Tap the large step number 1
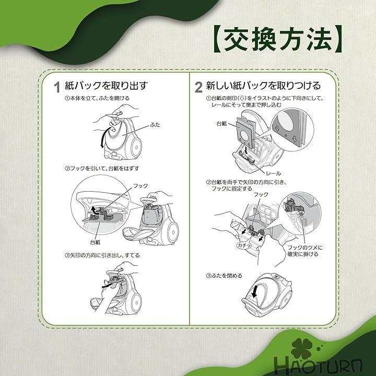(x=57, y=87)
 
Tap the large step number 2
(x=198, y=87)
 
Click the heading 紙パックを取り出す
(x=107, y=86)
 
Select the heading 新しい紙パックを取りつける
(x=263, y=86)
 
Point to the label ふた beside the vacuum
(x=155, y=125)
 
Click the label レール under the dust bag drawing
(x=273, y=173)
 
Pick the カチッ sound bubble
(x=244, y=245)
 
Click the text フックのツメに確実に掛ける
(x=304, y=251)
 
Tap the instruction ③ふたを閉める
(x=224, y=276)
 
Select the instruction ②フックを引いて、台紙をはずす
(x=102, y=168)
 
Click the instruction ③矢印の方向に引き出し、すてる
(x=102, y=255)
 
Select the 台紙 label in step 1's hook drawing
(x=95, y=242)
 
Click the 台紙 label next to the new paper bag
(x=221, y=124)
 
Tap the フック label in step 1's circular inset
(x=140, y=186)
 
